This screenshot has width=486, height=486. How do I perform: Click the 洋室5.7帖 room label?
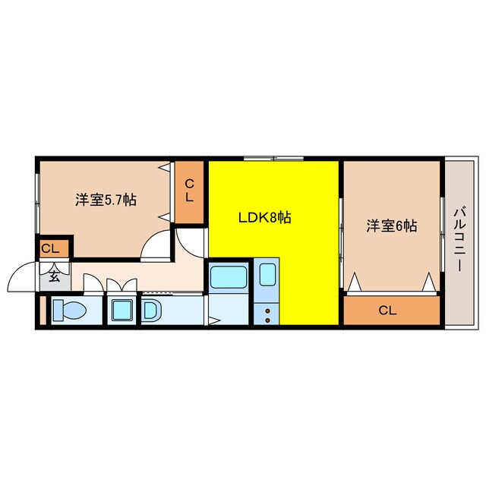click(x=106, y=200)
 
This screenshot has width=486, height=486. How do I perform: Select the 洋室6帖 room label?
click(x=392, y=226)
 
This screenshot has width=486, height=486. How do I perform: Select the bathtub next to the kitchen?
click(x=228, y=276)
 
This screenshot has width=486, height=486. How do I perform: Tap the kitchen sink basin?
click(x=268, y=273)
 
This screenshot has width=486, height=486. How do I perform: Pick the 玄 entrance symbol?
click(x=55, y=276)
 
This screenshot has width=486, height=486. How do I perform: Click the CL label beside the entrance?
click(x=50, y=248)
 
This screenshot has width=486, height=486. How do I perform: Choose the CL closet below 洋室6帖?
click(x=387, y=310)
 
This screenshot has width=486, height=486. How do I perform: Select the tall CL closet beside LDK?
click(x=189, y=189)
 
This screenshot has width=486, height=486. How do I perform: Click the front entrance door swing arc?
click(x=21, y=276)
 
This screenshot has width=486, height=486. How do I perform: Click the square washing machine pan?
click(x=121, y=311)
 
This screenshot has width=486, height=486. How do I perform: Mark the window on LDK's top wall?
click(x=273, y=158)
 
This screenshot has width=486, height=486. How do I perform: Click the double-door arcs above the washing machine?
click(x=121, y=286)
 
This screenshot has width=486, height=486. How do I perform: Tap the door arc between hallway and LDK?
click(x=189, y=241)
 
